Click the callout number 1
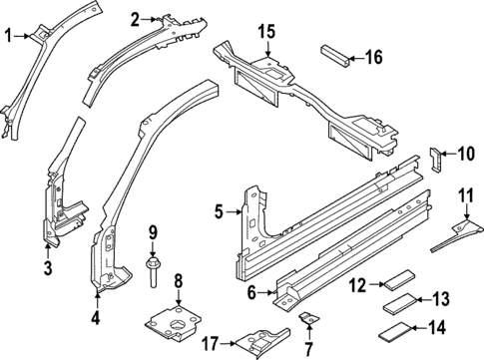point(9,37)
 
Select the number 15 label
point(264,32)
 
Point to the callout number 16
point(373,58)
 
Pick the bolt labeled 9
point(152,273)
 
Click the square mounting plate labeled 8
point(178,326)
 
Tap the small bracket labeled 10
point(435,157)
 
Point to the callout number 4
point(97,319)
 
